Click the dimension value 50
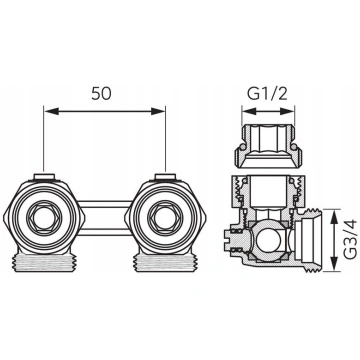pos(101,93)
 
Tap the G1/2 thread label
pos(267,95)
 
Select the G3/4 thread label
pos(350,239)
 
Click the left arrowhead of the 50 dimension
pos(51,111)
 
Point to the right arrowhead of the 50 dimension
pos(158,111)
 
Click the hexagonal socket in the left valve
pos(44,219)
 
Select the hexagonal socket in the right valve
pos(165,219)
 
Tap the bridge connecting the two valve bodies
pos(105,218)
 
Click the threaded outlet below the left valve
pos(45,262)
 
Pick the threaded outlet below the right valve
pos(165,262)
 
